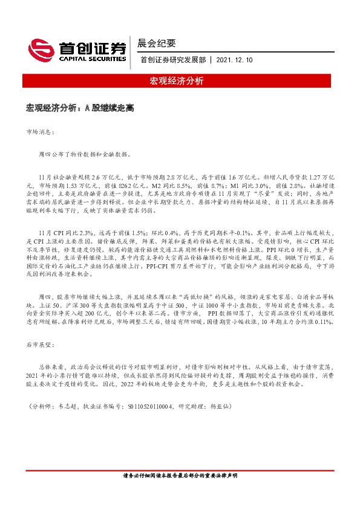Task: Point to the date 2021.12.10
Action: coord(234,59)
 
